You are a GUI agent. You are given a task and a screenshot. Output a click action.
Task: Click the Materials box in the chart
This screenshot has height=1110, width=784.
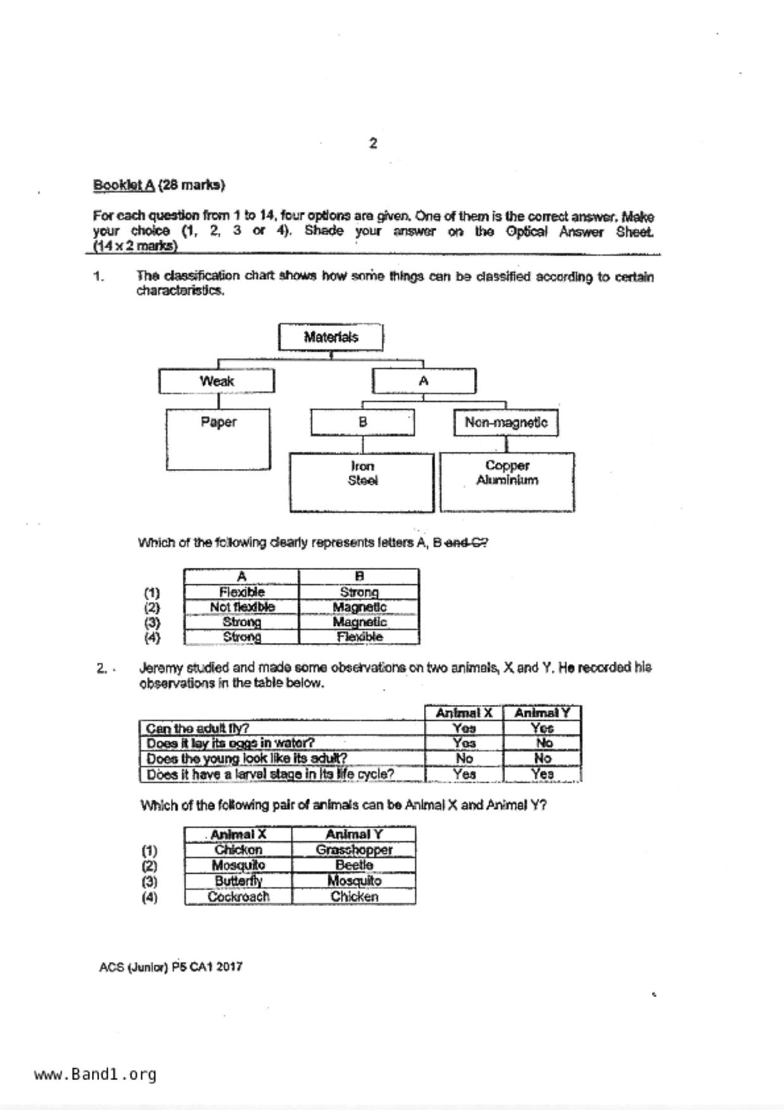pyautogui.click(x=331, y=337)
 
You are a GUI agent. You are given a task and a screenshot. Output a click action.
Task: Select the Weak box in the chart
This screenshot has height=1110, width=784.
pyautogui.click(x=216, y=381)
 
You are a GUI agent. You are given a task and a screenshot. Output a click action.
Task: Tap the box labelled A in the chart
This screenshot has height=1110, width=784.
pyautogui.click(x=423, y=381)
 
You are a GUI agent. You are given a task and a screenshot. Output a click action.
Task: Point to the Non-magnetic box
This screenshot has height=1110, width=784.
pyautogui.click(x=506, y=423)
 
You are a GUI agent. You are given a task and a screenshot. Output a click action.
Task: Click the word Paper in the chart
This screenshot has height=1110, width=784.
pyautogui.click(x=218, y=422)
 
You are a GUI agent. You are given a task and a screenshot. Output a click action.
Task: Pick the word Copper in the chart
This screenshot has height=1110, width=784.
pyautogui.click(x=507, y=466)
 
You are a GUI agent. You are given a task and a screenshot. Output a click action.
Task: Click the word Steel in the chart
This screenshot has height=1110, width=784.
pyautogui.click(x=363, y=481)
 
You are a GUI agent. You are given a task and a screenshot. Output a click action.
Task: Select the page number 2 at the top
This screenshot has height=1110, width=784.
pyautogui.click(x=373, y=144)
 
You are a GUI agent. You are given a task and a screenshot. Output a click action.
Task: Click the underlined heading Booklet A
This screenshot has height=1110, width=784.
pyautogui.click(x=124, y=185)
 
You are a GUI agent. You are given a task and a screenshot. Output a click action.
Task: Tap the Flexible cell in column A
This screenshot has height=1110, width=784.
pyautogui.click(x=242, y=592)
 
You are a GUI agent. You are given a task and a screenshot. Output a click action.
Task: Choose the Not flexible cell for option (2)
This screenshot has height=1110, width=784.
pyautogui.click(x=242, y=607)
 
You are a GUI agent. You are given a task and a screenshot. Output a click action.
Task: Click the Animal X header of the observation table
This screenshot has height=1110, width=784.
pyautogui.click(x=464, y=713)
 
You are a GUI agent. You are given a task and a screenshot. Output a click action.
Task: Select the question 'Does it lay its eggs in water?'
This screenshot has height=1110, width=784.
pyautogui.click(x=230, y=743)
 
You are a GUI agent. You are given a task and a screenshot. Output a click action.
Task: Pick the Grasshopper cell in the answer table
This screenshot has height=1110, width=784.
pyautogui.click(x=354, y=850)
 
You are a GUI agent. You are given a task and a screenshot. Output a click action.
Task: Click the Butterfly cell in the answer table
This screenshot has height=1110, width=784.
pyautogui.click(x=239, y=881)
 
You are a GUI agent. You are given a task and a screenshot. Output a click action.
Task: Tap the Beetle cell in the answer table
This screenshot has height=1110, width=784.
pyautogui.click(x=354, y=865)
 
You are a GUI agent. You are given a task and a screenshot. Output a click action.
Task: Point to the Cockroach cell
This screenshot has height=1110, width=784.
pyautogui.click(x=239, y=897)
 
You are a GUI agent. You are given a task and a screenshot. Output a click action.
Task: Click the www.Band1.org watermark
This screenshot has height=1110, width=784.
pyautogui.click(x=96, y=1074)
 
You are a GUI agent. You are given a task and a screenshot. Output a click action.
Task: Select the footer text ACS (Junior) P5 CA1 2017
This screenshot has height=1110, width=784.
pyautogui.click(x=171, y=967)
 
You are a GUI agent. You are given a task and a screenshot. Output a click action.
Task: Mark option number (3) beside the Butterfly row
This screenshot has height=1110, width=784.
pyautogui.click(x=149, y=882)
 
